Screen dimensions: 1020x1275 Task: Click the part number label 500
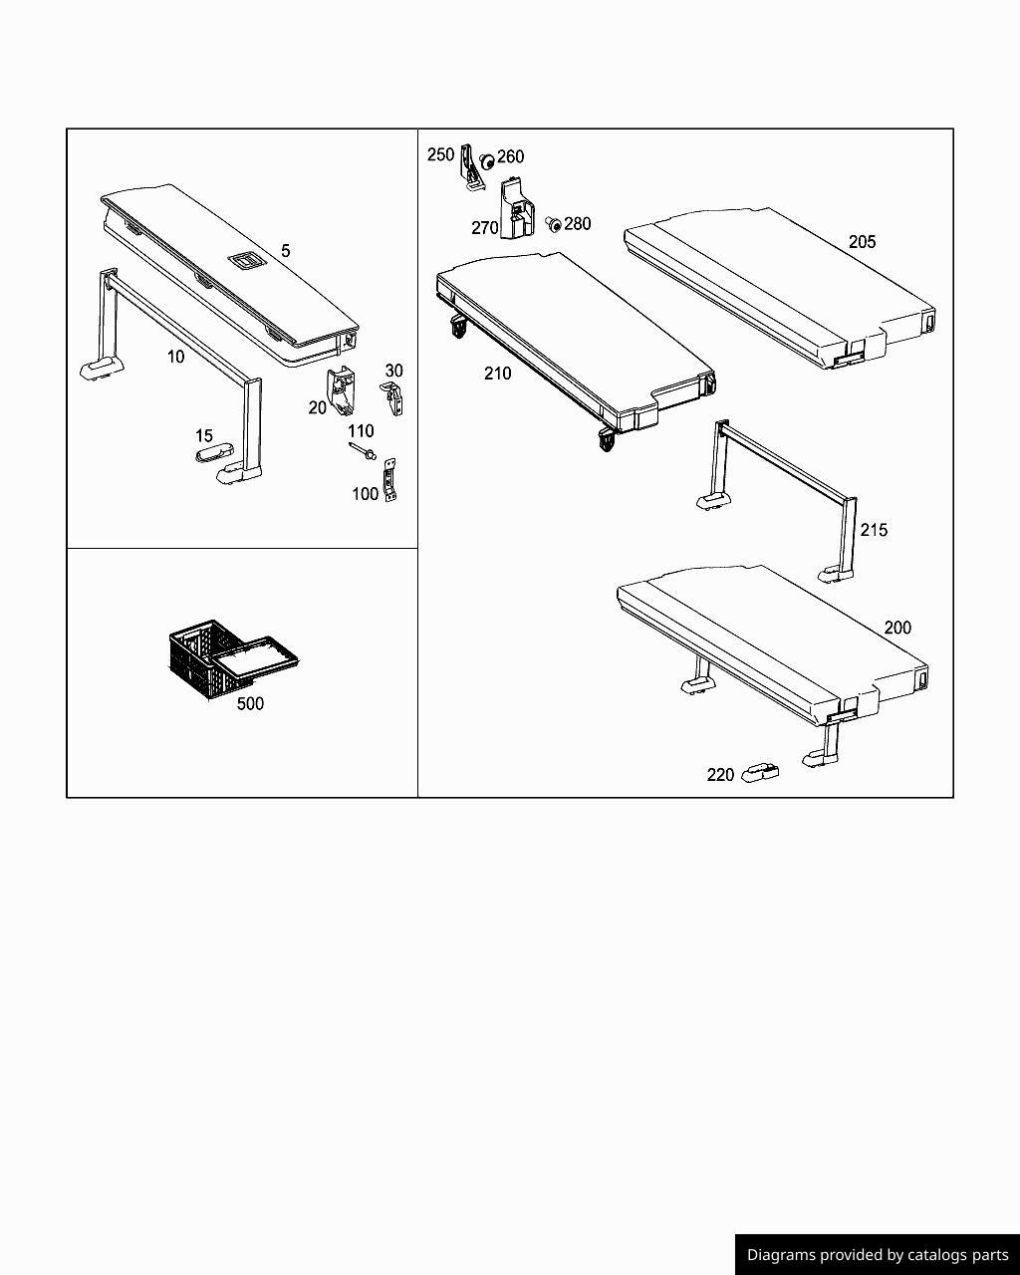pos(250,704)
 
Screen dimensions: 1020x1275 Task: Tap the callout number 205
pos(862,242)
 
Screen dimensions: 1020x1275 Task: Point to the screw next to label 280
pos(553,224)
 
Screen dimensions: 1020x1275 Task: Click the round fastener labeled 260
pos(486,160)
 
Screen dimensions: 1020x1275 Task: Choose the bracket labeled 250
pos(472,167)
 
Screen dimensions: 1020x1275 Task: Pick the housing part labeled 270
pos(517,208)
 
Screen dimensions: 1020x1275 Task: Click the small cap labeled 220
pos(760,774)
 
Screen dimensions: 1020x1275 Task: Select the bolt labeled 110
pos(363,451)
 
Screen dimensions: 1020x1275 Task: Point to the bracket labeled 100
pos(389,480)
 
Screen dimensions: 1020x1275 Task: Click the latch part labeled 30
pos(391,398)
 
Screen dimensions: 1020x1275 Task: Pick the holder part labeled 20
pos(342,390)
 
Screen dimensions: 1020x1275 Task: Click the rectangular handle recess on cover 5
pos(244,260)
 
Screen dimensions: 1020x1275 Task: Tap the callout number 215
pos(874,530)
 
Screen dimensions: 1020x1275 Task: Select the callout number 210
pos(497,374)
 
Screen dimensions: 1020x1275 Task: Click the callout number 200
pos(897,628)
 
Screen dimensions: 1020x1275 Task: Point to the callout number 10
pos(175,357)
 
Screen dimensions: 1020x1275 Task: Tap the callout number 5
pos(285,251)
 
